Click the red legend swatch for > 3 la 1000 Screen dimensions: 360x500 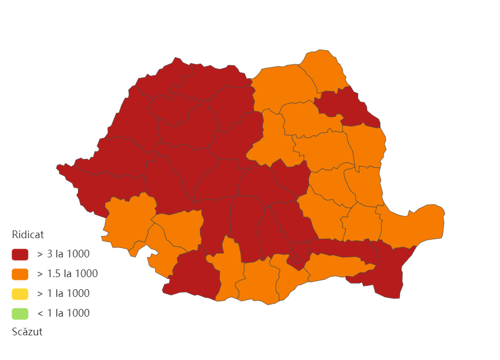coord(20,254)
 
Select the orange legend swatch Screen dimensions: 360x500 coord(20,274)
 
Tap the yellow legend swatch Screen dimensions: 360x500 coord(20,294)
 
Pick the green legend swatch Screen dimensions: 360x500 coord(20,313)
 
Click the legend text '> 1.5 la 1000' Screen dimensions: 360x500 coord(68,274)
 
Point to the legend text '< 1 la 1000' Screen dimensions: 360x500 coord(63,313)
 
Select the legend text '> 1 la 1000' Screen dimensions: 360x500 coord(63,294)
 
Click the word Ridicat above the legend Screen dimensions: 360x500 coord(27,234)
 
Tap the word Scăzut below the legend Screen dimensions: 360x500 coord(27,332)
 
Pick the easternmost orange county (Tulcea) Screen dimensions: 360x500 coord(417,225)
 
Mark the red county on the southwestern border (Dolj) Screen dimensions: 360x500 coord(192,274)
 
